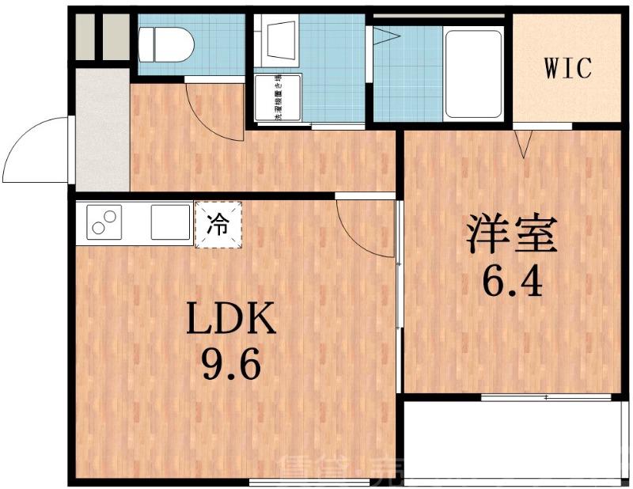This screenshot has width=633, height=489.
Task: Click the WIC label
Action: tap(567, 69)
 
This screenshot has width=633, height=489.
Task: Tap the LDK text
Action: tap(230, 320)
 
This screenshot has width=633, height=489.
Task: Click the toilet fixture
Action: tap(165, 44)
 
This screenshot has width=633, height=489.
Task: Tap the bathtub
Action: tap(473, 74)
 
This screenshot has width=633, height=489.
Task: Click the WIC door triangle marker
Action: tap(525, 143)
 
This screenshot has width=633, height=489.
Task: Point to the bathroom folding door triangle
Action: tap(385, 35)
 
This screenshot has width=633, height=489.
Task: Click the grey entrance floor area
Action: tap(101, 131)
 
